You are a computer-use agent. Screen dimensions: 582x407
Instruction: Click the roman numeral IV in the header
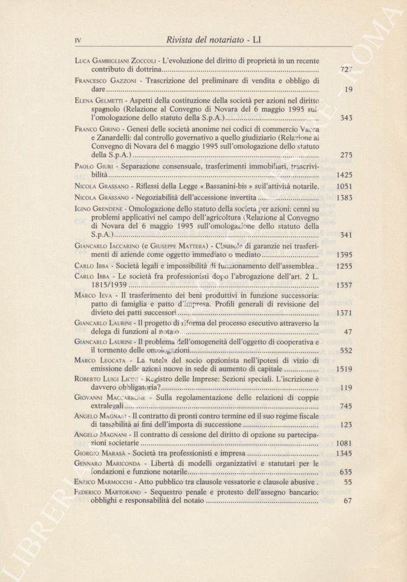[77, 40]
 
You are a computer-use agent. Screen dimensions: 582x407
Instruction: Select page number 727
[346, 70]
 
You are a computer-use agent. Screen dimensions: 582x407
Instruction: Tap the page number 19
[348, 89]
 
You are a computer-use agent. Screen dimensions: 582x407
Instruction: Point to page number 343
[346, 118]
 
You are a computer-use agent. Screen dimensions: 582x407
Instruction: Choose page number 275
[346, 155]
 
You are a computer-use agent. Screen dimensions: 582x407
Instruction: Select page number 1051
[344, 187]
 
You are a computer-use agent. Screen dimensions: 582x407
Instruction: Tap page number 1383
[344, 198]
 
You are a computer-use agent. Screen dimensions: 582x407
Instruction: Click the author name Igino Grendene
[99, 209]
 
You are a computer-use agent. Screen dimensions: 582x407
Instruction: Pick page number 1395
[344, 255]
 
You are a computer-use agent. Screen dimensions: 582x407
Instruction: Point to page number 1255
[344, 266]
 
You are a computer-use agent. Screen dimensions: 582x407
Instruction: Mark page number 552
[346, 350]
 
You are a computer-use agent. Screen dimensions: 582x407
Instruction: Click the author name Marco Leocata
[99, 360]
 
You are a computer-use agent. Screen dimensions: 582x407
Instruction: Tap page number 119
[346, 388]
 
